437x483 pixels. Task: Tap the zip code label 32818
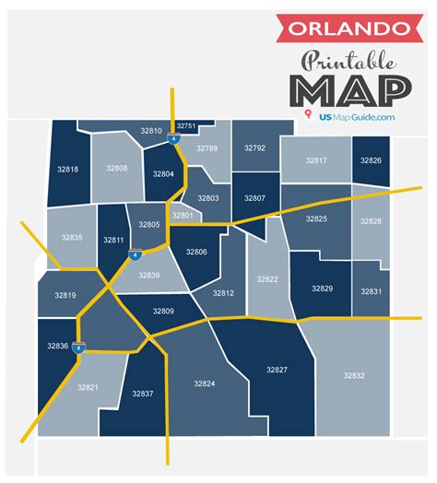click(x=67, y=169)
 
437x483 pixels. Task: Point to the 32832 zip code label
click(x=354, y=375)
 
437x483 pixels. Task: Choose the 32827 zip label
click(x=277, y=370)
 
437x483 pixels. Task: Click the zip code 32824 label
click(x=204, y=383)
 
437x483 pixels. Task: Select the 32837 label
click(x=142, y=394)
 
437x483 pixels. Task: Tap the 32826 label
click(x=371, y=160)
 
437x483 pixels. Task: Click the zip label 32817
click(x=316, y=160)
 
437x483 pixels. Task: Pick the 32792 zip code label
click(x=254, y=147)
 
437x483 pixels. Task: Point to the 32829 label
click(x=322, y=289)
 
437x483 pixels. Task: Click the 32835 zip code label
click(x=71, y=237)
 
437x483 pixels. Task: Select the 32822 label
click(x=267, y=278)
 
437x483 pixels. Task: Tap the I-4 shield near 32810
click(x=173, y=140)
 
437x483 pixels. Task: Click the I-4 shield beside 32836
click(x=79, y=348)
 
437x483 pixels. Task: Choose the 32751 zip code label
click(x=186, y=125)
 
